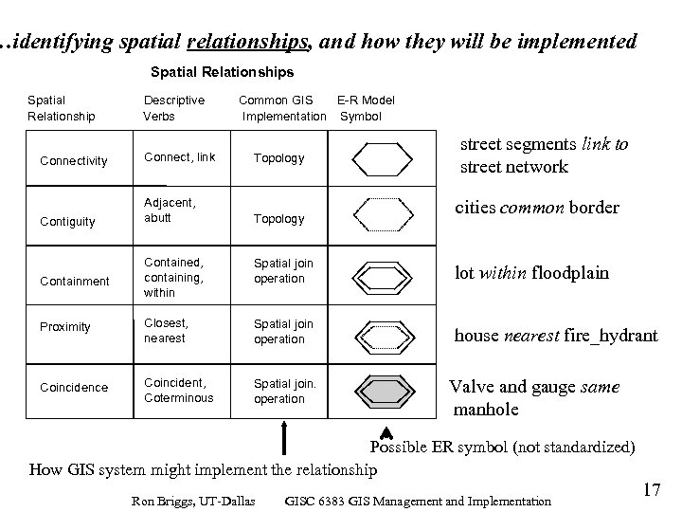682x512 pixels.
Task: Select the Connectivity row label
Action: tap(73, 161)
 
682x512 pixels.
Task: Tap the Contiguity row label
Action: tap(67, 222)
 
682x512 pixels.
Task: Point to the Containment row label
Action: tap(74, 282)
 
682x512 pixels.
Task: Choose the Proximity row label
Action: tap(65, 327)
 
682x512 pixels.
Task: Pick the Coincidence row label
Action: tap(73, 388)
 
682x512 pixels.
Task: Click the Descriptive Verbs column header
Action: tap(173, 108)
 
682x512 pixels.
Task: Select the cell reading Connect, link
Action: tap(180, 157)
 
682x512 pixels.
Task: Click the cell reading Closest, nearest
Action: tap(165, 330)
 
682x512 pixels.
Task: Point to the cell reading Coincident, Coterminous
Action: tap(180, 391)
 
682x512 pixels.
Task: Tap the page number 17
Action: tap(650, 489)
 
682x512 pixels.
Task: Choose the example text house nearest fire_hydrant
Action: tap(556, 336)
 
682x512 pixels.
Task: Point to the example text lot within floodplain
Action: tap(531, 273)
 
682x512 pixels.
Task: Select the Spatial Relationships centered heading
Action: tap(222, 71)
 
